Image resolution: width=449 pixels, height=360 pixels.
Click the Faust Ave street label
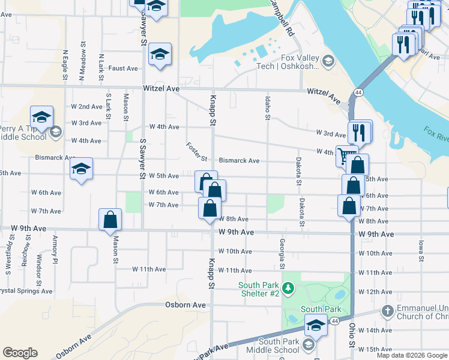click(124, 68)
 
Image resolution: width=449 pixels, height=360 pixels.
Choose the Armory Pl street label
click(55, 250)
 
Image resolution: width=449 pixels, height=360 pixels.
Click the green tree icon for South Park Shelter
click(289, 289)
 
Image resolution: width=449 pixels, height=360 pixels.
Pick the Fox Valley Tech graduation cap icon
click(328, 61)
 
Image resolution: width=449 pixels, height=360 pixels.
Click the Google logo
click(20, 353)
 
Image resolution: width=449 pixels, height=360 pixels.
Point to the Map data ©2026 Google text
click(412, 355)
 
